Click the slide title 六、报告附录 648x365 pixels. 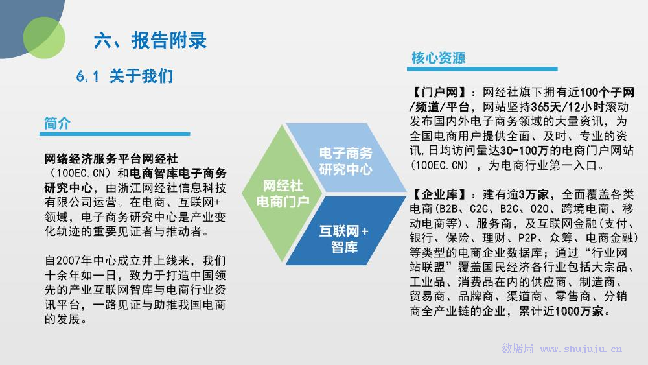(150, 40)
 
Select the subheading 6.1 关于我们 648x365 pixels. (125, 76)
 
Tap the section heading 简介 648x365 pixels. (58, 123)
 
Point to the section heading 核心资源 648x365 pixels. (439, 58)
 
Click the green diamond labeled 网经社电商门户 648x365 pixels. (283, 193)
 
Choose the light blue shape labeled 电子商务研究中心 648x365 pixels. (346, 158)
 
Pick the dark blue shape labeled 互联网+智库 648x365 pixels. (345, 231)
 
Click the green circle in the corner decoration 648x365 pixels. (44, 38)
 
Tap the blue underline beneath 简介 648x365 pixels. (115, 134)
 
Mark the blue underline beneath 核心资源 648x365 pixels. (482, 69)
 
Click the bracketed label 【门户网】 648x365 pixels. (439, 92)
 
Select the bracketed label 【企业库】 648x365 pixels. (439, 194)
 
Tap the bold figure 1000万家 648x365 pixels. (579, 311)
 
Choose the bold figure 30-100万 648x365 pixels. (524, 150)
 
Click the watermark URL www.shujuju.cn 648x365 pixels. (581, 349)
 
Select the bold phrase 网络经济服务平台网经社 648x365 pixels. (111, 159)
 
